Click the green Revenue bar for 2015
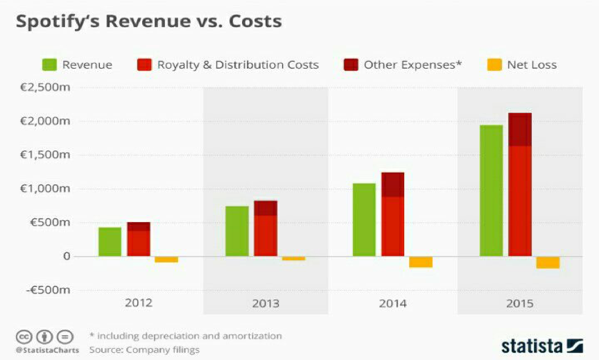pos(491,191)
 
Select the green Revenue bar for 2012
pos(110,242)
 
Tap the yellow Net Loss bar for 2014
pos(421,262)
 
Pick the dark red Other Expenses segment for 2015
pos(520,130)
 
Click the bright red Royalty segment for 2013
pos(266,236)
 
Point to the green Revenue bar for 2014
pos(364,220)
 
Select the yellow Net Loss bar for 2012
pos(166,259)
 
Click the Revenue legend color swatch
pos(49,65)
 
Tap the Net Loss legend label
pos(532,65)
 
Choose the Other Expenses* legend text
pos(413,65)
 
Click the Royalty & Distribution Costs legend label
pos(238,65)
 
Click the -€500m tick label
pos(48,291)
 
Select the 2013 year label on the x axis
pos(266,304)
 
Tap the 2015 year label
pos(520,304)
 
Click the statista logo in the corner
pos(541,345)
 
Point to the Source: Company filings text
pos(144,350)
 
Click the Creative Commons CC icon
pos(24,337)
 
